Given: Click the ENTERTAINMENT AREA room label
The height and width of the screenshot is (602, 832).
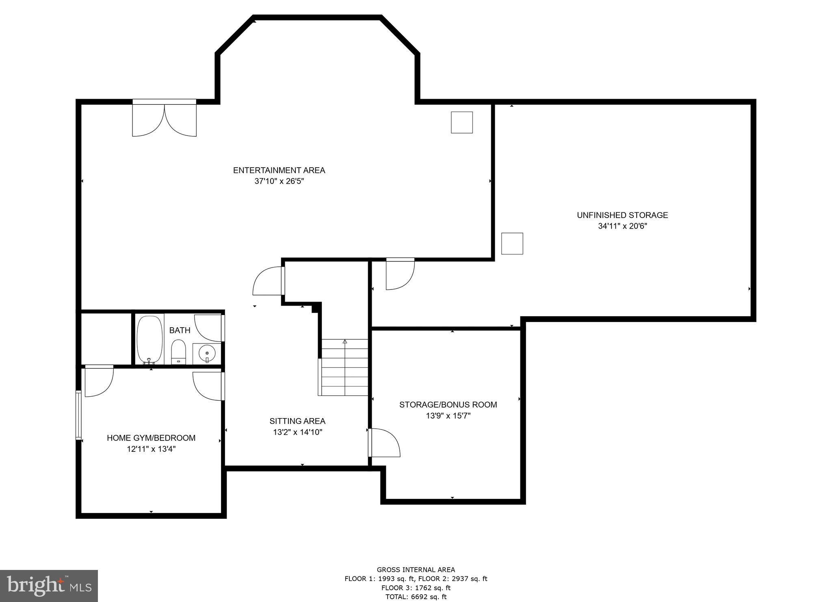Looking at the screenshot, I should (x=279, y=170).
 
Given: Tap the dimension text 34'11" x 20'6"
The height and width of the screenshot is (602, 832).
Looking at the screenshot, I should (x=622, y=226).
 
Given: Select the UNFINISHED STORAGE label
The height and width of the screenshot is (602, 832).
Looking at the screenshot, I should (x=622, y=215).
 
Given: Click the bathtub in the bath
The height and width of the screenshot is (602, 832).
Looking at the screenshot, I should (x=149, y=339).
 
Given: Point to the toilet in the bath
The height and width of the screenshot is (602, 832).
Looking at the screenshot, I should (x=178, y=352).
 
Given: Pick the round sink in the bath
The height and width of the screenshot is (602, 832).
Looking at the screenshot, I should (x=207, y=353).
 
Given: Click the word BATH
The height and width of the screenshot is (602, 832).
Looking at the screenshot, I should (x=180, y=330).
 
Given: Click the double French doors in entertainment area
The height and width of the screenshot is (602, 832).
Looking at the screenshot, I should (x=164, y=119).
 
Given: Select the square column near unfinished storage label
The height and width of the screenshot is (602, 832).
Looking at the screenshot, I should (x=512, y=244).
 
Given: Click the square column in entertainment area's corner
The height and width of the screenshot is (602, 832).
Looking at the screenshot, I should (x=462, y=122).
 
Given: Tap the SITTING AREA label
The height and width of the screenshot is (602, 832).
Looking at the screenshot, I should (x=297, y=421).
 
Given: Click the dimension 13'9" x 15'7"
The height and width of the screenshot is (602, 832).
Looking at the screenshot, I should (x=448, y=416).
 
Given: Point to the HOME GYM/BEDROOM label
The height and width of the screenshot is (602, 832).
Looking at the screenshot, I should (x=151, y=438).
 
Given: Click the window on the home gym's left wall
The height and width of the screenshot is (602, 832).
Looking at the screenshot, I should (x=78, y=414).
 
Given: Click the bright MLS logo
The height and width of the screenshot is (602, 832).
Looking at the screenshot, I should (x=49, y=586).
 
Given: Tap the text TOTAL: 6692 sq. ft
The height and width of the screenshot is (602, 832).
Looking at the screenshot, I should (x=416, y=597).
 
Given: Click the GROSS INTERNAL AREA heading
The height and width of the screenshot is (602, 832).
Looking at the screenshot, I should (x=416, y=570).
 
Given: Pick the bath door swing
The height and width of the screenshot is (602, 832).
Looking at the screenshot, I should (x=209, y=328).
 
